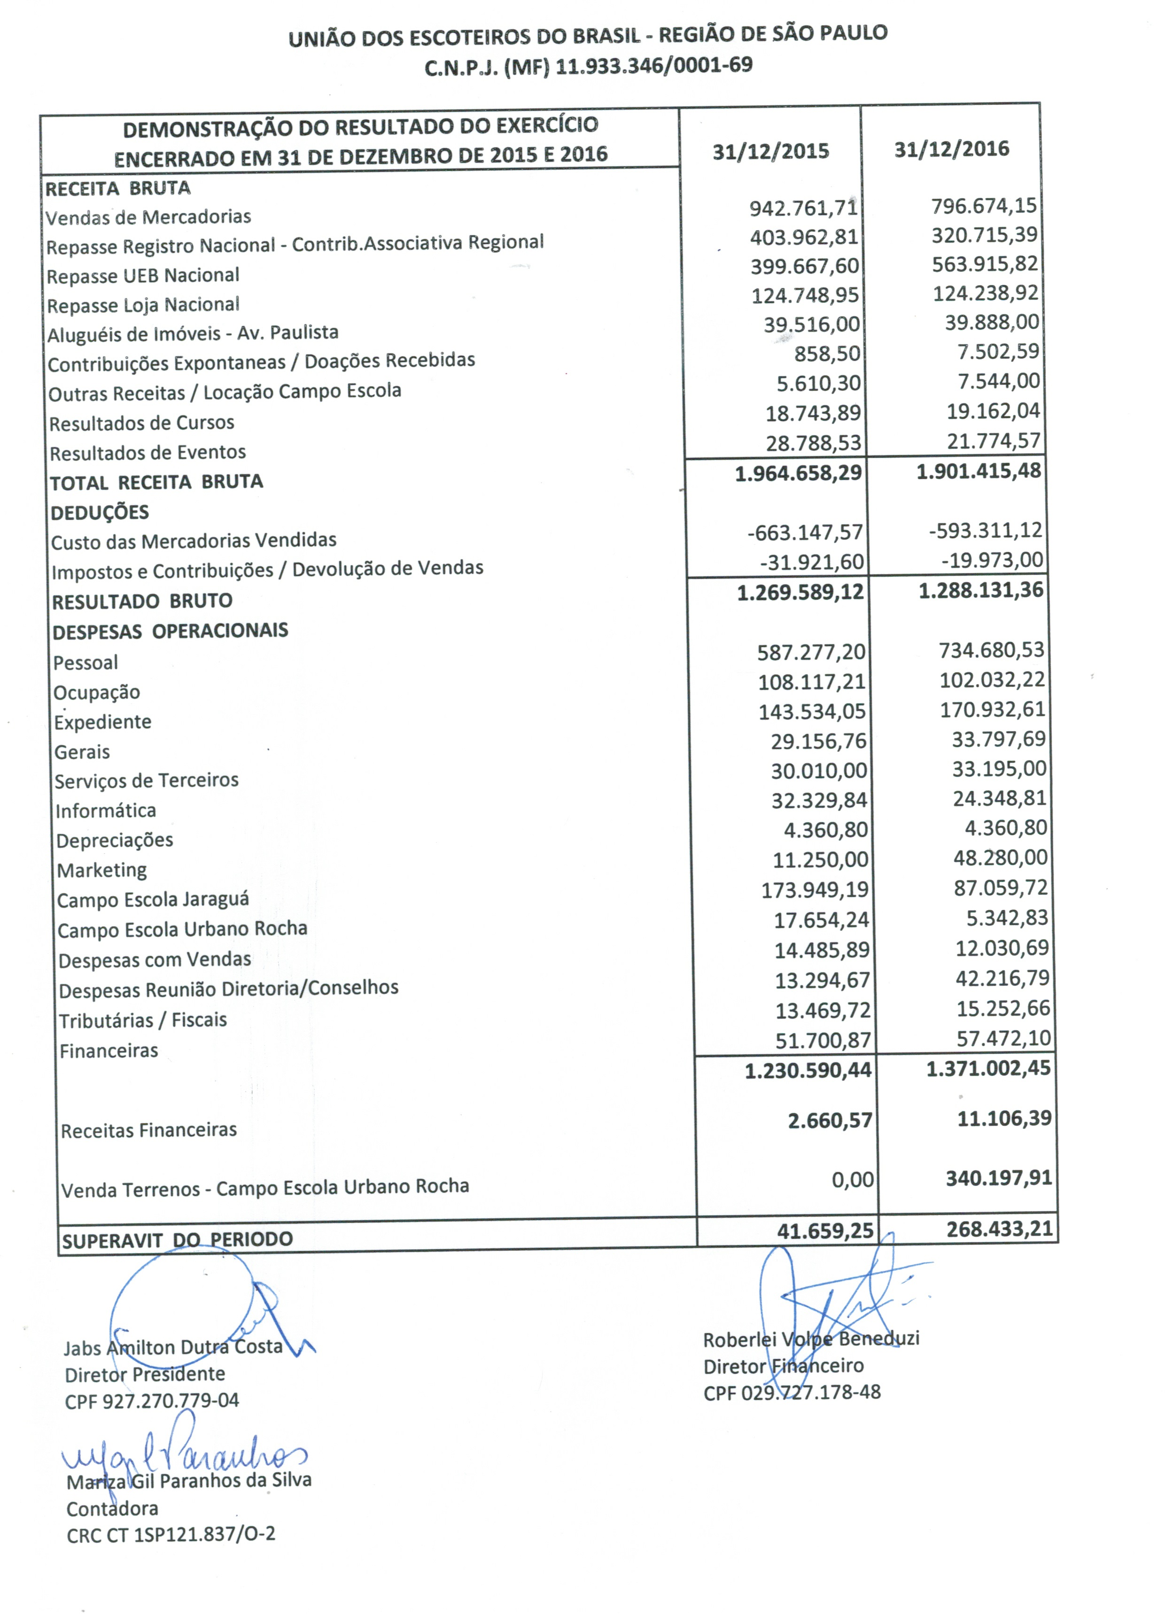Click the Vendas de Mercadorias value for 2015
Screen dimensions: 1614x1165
[803, 209]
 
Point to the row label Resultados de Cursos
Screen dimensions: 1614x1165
[142, 423]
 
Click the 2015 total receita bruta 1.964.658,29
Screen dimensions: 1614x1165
[798, 472]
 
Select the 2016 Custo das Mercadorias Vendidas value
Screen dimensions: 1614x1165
[986, 530]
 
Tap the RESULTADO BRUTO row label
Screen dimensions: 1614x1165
[142, 602]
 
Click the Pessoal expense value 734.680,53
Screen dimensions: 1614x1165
[991, 650]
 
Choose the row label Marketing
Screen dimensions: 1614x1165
[102, 870]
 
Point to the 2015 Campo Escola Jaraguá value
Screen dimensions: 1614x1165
[815, 889]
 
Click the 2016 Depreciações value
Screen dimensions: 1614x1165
[1005, 827]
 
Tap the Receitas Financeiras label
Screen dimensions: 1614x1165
[149, 1130]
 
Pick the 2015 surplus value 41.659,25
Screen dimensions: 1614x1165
[824, 1230]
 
